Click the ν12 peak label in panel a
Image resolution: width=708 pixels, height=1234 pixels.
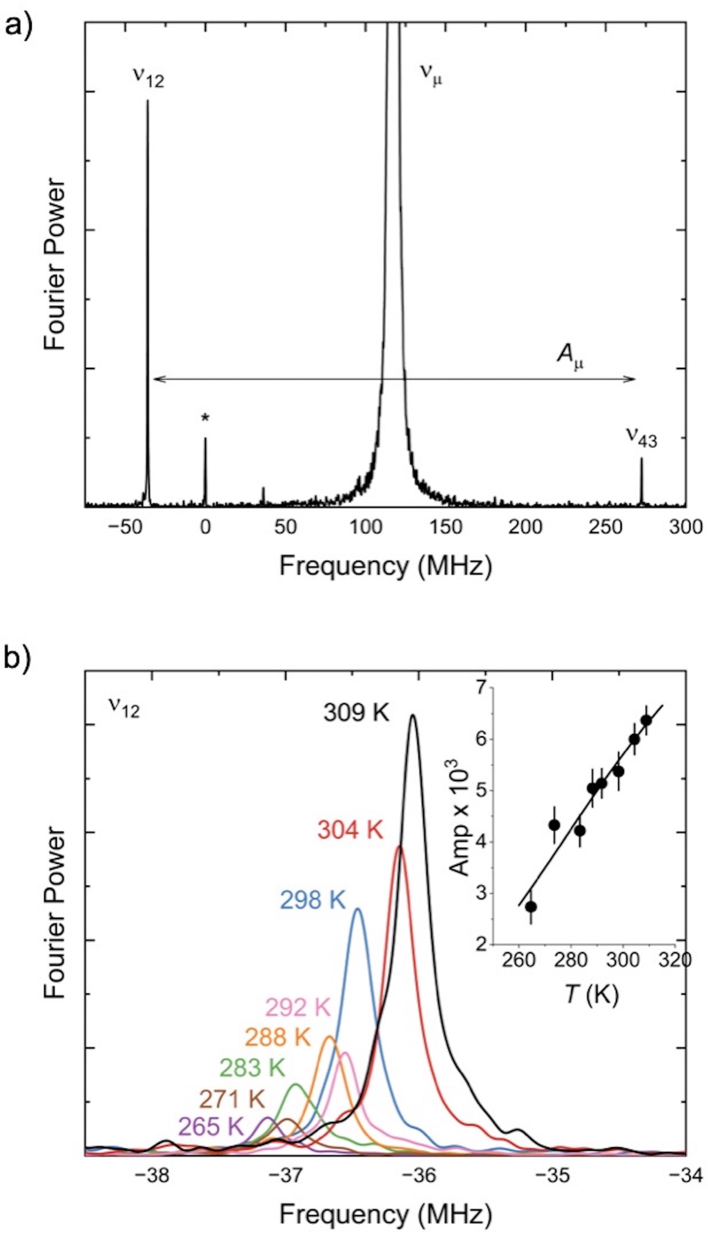148,77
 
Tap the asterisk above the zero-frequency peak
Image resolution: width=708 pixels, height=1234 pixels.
205,419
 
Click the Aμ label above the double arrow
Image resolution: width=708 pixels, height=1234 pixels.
569,356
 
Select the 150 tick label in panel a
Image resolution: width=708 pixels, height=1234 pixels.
446,527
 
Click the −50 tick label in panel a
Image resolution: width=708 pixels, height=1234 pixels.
123,527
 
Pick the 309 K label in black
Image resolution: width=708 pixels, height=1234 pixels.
356,713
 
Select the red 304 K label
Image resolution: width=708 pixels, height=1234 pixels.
350,830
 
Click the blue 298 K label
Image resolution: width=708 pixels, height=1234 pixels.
313,900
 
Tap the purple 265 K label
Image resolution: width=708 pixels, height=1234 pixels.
210,1127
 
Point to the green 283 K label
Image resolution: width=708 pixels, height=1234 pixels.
252,1067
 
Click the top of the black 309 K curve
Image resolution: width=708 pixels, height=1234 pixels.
413,715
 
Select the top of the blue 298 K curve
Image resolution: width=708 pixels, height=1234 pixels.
358,909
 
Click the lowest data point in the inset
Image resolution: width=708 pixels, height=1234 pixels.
531,906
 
